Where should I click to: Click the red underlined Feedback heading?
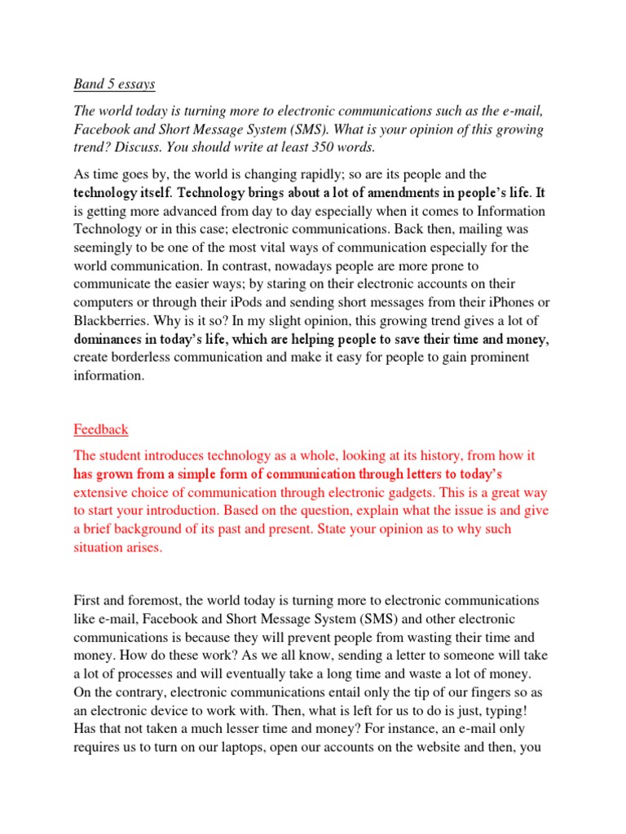(x=101, y=429)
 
